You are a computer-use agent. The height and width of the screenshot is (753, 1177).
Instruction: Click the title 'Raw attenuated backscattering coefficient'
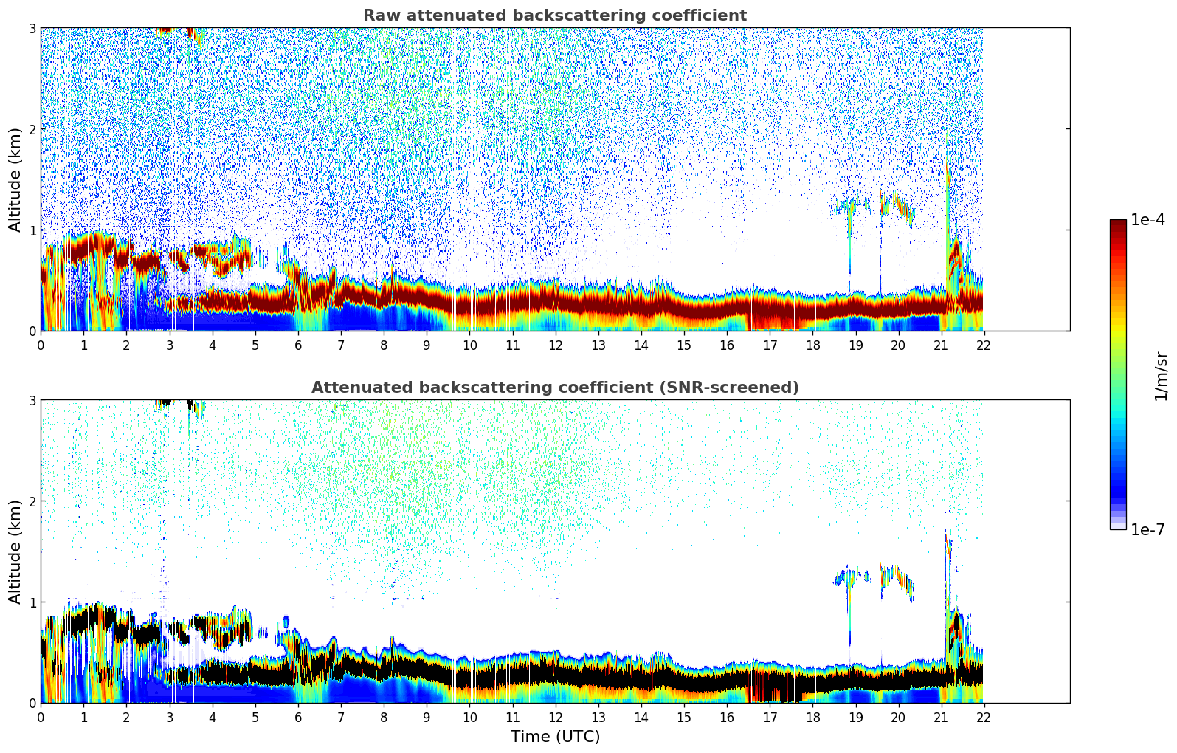554,16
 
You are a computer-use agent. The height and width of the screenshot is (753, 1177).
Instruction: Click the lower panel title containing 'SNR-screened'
554,388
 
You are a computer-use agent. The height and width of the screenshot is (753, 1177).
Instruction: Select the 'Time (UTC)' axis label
555,737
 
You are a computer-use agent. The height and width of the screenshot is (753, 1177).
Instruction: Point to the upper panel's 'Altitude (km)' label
15,179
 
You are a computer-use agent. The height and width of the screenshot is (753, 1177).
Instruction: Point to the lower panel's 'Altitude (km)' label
15,551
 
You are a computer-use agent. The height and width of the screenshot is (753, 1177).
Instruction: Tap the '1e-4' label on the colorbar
1147,220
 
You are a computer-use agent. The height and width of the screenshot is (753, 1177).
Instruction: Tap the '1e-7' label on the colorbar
1147,529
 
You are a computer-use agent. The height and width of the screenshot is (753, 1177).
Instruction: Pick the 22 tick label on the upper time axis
983,345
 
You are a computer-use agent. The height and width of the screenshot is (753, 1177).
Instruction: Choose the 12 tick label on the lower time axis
555,717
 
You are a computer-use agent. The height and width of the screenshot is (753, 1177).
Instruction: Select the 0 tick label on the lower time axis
41,717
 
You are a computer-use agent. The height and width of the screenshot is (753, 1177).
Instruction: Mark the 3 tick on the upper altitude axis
32,28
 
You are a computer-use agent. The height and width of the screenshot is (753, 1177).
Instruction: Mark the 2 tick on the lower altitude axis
32,501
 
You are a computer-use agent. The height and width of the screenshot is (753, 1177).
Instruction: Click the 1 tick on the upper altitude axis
32,230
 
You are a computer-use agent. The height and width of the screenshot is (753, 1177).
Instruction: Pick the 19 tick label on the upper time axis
855,345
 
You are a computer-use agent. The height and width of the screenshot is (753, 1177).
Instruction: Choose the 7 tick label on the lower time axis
341,717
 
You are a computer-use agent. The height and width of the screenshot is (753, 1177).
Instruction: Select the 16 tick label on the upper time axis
726,345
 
